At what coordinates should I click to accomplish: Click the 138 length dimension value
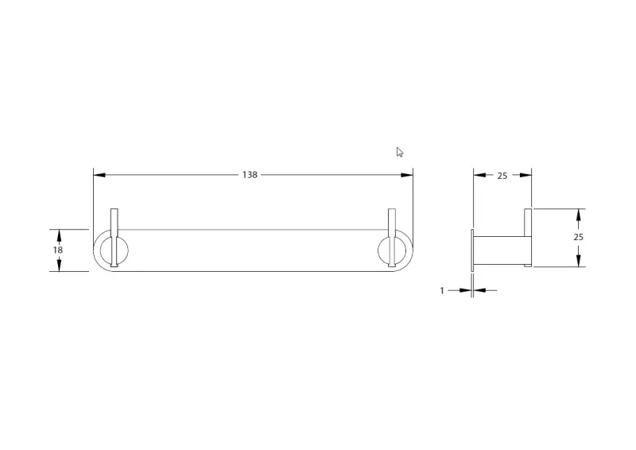[x=250, y=175]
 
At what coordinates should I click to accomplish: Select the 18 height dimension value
[x=59, y=250]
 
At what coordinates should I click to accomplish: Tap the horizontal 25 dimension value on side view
[x=502, y=176]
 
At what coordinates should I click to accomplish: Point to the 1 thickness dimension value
[x=442, y=291]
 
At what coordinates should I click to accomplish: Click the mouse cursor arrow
[x=400, y=152]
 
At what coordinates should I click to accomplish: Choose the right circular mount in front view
[x=393, y=250]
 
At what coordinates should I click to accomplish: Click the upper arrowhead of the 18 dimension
[x=59, y=233]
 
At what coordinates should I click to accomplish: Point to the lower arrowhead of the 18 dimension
[x=59, y=267]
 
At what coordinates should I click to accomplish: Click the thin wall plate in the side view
[x=472, y=250]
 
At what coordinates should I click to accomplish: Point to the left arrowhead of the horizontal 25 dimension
[x=478, y=176]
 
